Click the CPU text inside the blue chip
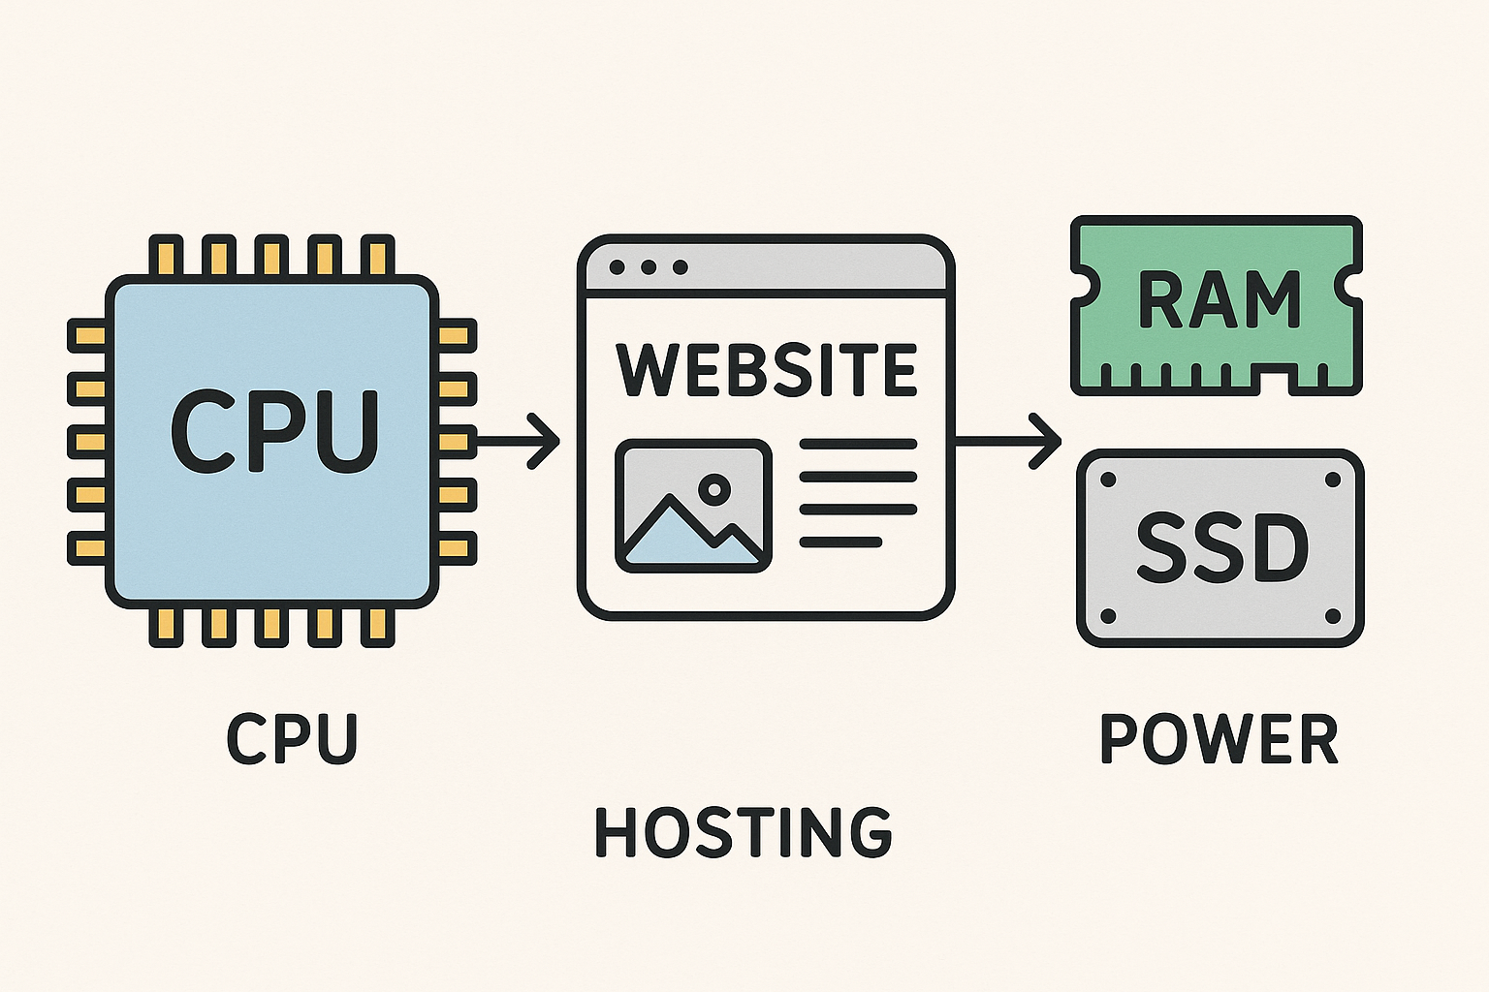click(274, 431)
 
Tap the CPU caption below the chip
click(293, 739)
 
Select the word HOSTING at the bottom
click(744, 832)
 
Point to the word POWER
click(1220, 739)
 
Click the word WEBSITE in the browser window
click(766, 370)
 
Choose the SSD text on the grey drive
click(1221, 548)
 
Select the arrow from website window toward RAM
click(1008, 442)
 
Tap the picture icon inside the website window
click(693, 506)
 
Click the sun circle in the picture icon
click(715, 488)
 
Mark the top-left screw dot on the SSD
click(1109, 480)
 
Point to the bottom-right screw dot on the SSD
click(1332, 616)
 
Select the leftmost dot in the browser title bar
click(618, 266)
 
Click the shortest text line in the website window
click(840, 542)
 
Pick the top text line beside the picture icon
click(858, 445)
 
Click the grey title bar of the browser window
click(814, 266)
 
